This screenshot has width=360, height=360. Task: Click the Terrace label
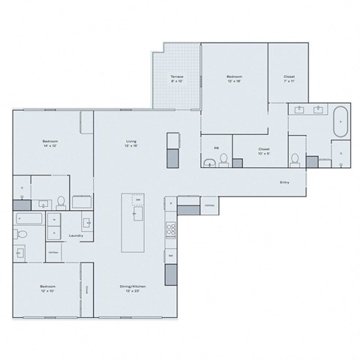click(176, 79)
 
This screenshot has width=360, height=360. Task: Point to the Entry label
click(284, 182)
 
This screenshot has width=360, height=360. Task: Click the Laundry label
click(75, 235)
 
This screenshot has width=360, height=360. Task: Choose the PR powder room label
click(216, 148)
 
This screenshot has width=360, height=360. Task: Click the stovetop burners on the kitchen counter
click(171, 229)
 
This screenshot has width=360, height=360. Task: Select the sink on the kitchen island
click(137, 215)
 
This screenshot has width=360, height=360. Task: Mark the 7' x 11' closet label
click(289, 79)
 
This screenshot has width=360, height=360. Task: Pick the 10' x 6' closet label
click(264, 151)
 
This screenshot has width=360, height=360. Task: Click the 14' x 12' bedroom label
click(49, 143)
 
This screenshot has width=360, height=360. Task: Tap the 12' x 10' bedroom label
click(48, 289)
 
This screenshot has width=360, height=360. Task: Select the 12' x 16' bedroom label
click(234, 79)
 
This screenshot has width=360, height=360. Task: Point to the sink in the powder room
click(224, 162)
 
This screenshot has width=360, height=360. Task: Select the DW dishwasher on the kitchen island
click(136, 201)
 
